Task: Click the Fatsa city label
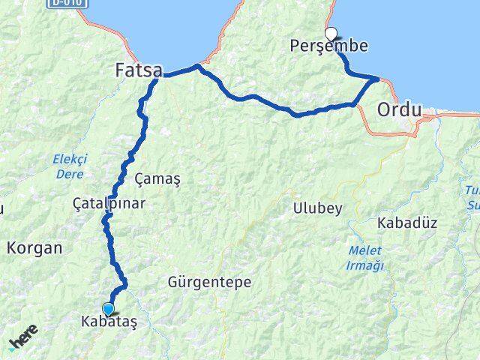tap(139, 70)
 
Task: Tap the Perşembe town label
tap(328, 46)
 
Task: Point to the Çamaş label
tap(157, 179)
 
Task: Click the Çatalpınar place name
tap(109, 203)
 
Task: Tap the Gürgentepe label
tap(209, 283)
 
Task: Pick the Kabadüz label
tap(407, 223)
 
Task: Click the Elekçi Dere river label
tap(70, 165)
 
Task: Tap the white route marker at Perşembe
tap(331, 33)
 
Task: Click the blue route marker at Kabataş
tap(109, 309)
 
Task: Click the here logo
tap(23, 341)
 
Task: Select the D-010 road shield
tap(66, 4)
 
